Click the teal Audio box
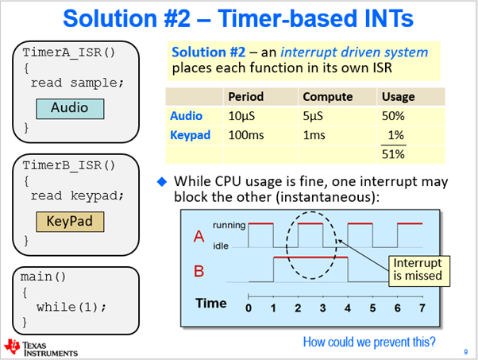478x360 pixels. click(69, 107)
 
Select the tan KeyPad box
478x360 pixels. click(69, 222)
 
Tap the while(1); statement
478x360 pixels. click(72, 306)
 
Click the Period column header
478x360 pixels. click(245, 97)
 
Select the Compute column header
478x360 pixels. click(323, 97)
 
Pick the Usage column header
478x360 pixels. click(398, 97)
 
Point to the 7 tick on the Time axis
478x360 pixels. click(422, 308)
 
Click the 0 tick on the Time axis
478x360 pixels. click(249, 308)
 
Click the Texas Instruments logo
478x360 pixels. click(41, 348)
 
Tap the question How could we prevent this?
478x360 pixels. click(369, 343)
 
